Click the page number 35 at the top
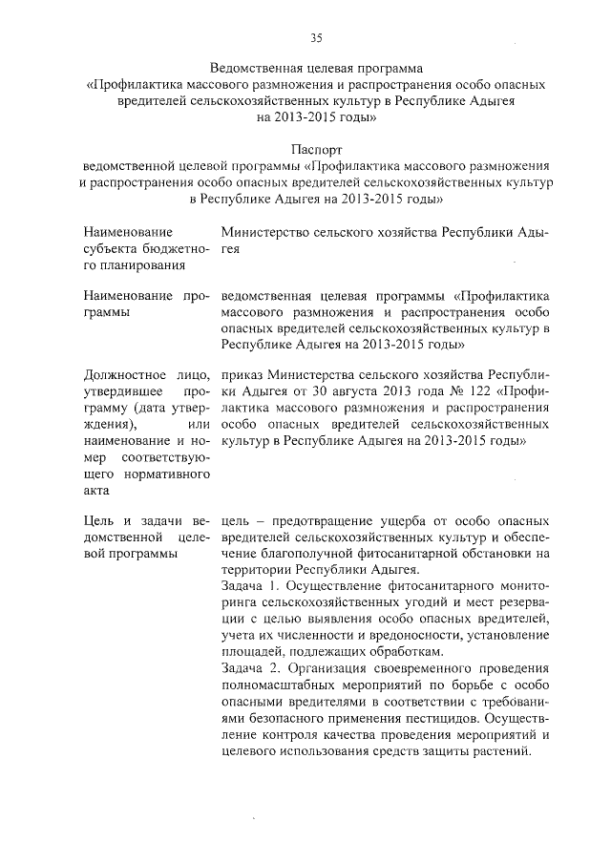316,38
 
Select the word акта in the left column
97,490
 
